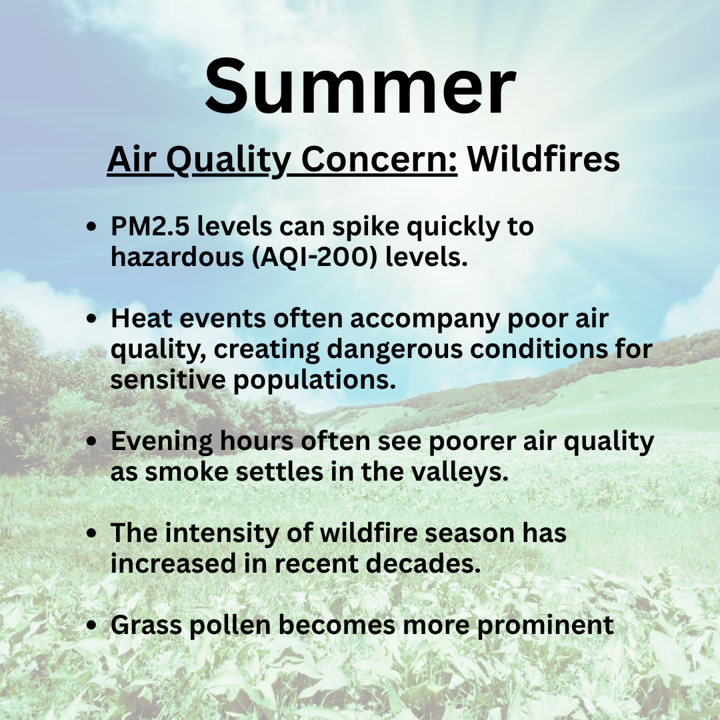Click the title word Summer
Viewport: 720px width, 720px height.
361,86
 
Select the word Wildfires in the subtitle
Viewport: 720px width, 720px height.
544,159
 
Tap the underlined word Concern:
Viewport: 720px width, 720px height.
379,159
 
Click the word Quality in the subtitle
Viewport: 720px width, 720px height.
228,161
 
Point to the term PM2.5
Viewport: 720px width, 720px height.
150,226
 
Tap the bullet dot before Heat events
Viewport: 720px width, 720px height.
92,319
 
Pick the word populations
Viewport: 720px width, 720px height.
315,381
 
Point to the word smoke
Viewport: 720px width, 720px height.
187,472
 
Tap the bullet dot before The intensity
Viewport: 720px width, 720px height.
92,533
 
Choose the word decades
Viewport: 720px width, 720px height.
423,563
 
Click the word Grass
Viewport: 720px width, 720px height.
147,625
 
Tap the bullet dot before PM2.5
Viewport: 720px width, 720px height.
92,227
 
